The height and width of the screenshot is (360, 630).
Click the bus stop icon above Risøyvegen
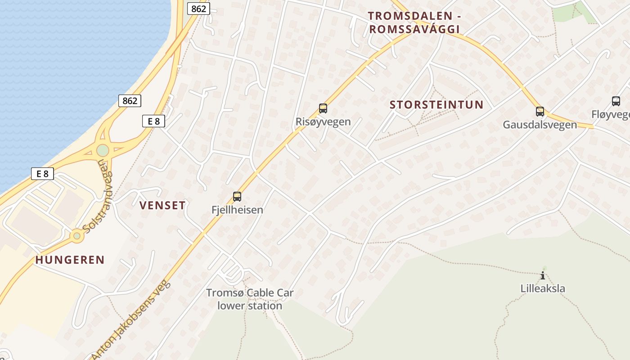pyautogui.click(x=323, y=108)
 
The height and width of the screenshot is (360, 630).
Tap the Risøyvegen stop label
pyautogui.click(x=323, y=121)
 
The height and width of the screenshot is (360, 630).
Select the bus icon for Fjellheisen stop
pyautogui.click(x=237, y=196)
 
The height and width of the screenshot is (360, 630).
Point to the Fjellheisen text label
pyautogui.click(x=237, y=210)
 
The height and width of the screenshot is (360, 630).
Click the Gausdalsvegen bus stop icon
pyautogui.click(x=540, y=111)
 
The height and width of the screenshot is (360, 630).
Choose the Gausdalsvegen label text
pyautogui.click(x=540, y=125)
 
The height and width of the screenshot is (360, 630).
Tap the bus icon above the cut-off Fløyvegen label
pyautogui.click(x=616, y=101)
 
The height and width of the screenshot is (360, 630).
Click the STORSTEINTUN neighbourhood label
pyautogui.click(x=436, y=105)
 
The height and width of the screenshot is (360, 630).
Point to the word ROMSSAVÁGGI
pyautogui.click(x=414, y=29)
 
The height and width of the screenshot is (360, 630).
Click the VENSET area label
pyautogui.click(x=162, y=206)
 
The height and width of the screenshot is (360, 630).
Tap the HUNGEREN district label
pyautogui.click(x=70, y=260)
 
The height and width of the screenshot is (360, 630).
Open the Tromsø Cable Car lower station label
pyautogui.click(x=250, y=299)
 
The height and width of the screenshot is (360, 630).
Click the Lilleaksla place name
pyautogui.click(x=543, y=288)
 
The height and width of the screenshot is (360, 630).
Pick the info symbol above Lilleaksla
pyautogui.click(x=543, y=275)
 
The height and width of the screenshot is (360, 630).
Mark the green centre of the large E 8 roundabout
pyautogui.click(x=103, y=150)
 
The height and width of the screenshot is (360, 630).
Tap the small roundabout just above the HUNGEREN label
pyautogui.click(x=77, y=235)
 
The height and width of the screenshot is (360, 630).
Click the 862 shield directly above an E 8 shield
pyautogui.click(x=130, y=101)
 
